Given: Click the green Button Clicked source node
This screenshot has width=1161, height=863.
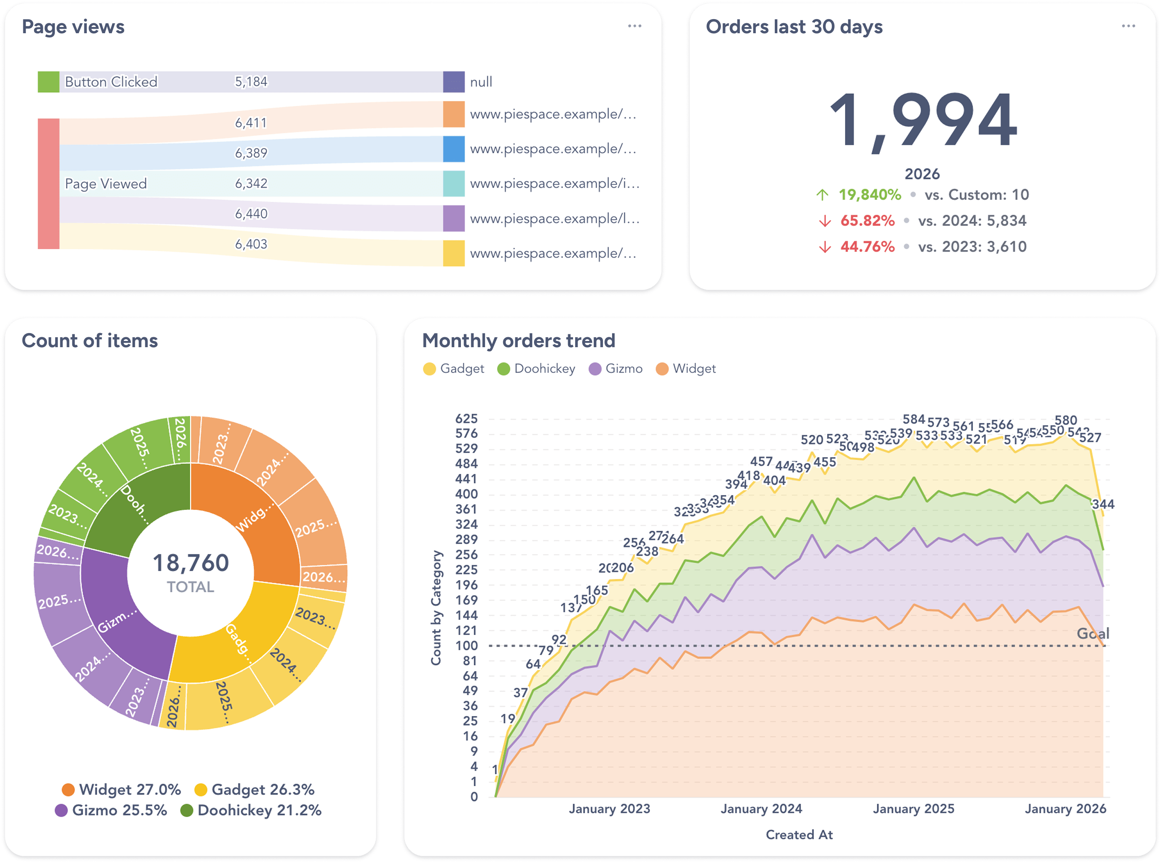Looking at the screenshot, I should [48, 82].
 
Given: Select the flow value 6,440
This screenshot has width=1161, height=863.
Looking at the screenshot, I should [251, 213].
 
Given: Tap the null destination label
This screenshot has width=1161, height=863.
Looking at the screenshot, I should [480, 82].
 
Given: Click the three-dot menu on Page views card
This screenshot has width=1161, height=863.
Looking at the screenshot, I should [634, 26].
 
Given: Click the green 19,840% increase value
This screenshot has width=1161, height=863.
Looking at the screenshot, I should [870, 195].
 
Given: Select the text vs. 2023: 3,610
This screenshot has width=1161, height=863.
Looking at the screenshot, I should [972, 247].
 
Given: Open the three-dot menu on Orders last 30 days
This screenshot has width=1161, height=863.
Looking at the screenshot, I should [1128, 26].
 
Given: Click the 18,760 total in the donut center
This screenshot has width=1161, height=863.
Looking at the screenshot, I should [191, 563].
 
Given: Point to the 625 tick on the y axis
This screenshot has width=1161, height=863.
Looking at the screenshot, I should [466, 419].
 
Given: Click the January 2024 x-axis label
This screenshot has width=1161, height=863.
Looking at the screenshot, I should [761, 809].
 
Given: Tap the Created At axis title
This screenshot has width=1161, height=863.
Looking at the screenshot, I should [798, 835].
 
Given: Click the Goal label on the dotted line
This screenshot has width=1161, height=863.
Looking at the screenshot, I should [1092, 634].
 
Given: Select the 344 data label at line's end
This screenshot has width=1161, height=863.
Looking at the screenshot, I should [1102, 504].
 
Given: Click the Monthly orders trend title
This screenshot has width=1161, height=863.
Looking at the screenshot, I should [518, 341].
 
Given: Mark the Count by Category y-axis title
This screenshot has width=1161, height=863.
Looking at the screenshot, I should [436, 608].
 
